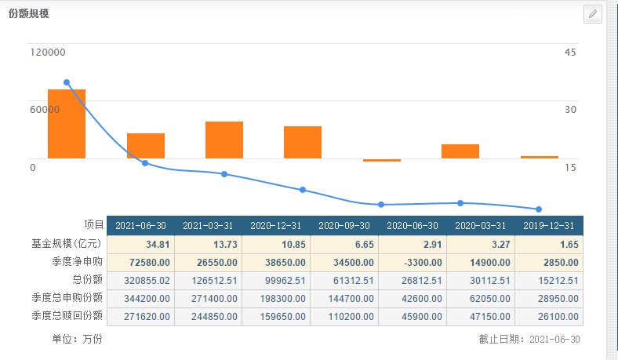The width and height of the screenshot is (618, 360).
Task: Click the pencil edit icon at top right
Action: (x=593, y=13)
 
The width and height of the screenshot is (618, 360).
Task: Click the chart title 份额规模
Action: (x=28, y=14)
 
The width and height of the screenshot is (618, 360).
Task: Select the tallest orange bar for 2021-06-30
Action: (x=67, y=124)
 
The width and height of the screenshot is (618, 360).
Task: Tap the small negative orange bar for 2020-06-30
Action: (x=382, y=160)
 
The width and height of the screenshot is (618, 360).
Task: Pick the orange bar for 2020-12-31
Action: (x=224, y=140)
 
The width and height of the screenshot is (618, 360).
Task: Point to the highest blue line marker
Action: (x=67, y=82)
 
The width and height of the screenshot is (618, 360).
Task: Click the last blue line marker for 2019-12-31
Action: (x=539, y=209)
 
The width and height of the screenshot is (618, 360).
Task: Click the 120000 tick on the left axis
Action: (x=48, y=53)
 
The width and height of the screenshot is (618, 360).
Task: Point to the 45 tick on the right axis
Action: (x=570, y=53)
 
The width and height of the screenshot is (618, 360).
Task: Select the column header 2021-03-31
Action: (x=208, y=225)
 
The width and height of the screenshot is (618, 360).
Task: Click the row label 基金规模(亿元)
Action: (x=73, y=244)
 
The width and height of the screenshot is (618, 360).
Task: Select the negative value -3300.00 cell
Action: (x=411, y=262)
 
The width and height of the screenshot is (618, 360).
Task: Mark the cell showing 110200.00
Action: (x=343, y=315)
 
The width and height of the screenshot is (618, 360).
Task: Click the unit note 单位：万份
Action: (x=77, y=339)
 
